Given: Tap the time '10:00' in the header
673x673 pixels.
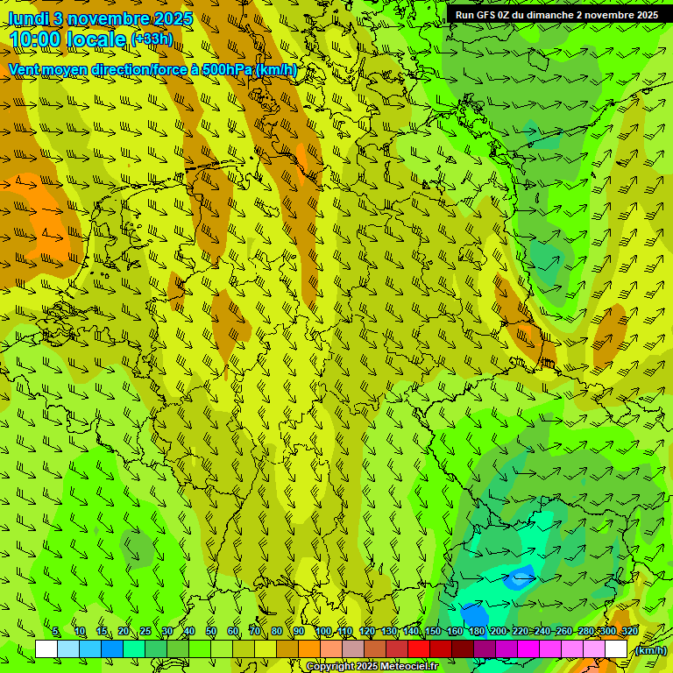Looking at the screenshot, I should point(39,39).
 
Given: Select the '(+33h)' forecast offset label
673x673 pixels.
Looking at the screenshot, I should point(152,39).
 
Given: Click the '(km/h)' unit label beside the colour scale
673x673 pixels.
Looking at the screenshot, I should point(650,650).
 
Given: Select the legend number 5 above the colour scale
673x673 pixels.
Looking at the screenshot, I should point(56,632).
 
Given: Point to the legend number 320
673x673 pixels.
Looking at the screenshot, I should point(629,632).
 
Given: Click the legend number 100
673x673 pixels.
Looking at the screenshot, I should point(323,632).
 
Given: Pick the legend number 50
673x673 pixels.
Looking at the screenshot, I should point(211,632).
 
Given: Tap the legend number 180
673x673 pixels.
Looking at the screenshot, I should point(477,632).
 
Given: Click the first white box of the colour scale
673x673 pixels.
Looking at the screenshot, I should point(46,649).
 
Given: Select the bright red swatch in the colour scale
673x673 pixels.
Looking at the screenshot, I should point(419,649).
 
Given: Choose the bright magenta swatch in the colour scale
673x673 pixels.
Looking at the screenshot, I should point(528,649).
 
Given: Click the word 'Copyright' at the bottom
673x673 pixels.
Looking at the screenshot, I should point(329,667).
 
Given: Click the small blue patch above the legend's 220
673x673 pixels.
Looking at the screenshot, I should point(520,576).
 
